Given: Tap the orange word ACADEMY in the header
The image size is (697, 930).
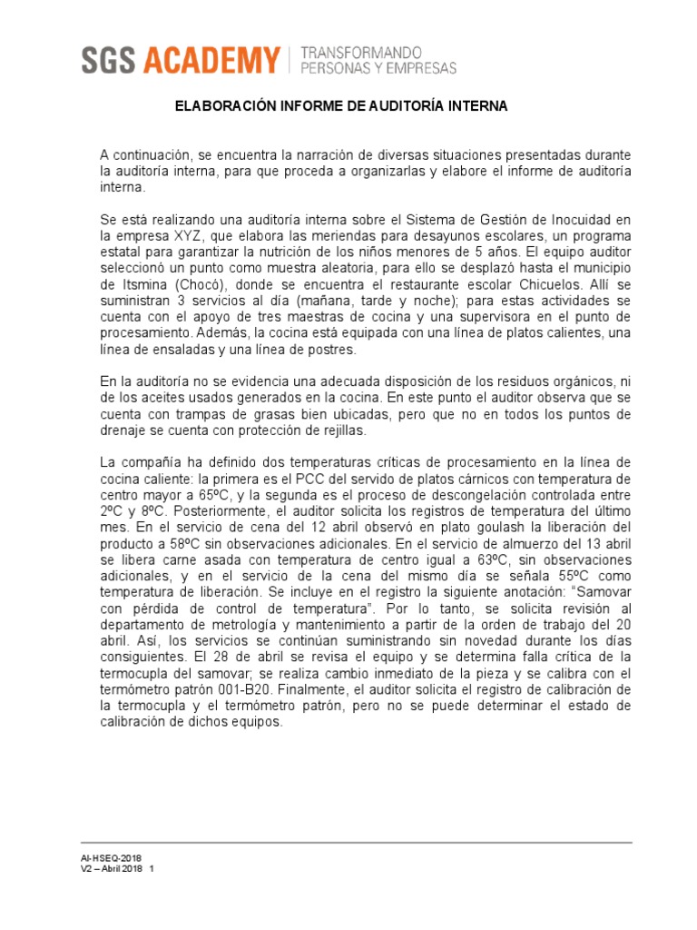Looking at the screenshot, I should tap(211, 62).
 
